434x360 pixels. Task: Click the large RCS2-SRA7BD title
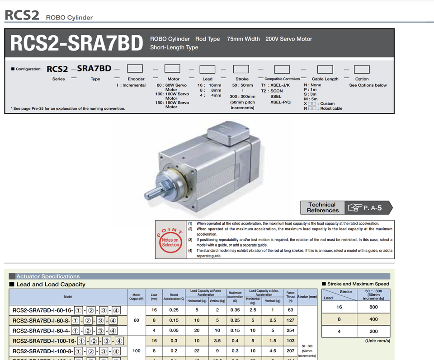coord(76,43)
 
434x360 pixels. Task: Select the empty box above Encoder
coord(135,69)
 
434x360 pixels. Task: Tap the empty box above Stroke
coord(241,69)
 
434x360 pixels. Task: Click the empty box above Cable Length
coord(325,69)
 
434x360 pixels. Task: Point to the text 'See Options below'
coord(368,85)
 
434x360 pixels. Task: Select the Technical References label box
coord(322,207)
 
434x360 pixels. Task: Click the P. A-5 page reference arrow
coord(369,208)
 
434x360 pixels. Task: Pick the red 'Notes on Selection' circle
coord(170,240)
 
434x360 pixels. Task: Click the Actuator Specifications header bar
coord(48,276)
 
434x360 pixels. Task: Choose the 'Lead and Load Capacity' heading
coord(51,284)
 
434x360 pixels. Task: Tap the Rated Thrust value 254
coord(290,331)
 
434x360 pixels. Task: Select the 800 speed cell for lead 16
coord(373,307)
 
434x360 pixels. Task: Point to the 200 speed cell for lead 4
coord(373,331)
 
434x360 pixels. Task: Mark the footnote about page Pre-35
coord(68,108)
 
